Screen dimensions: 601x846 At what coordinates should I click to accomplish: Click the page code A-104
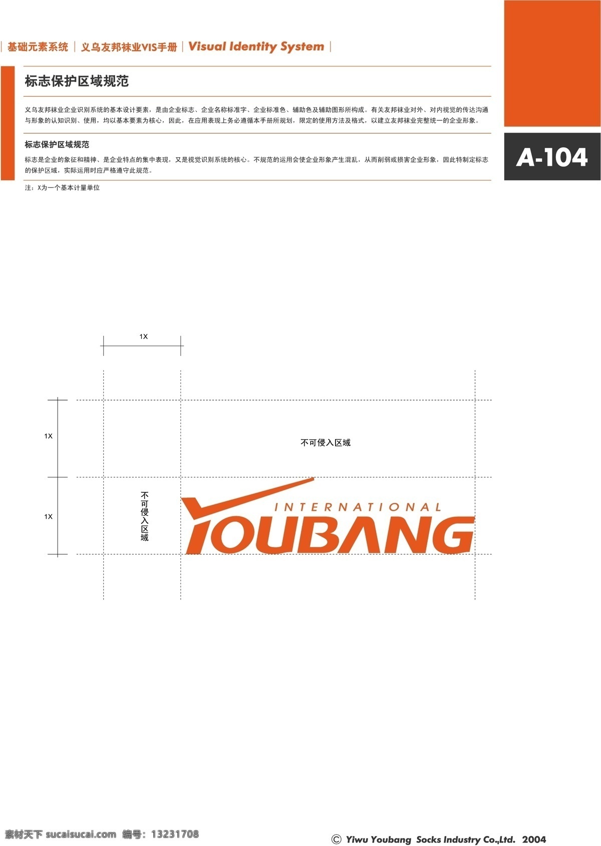click(551, 157)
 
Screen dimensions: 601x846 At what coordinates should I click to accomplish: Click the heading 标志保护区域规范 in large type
click(77, 81)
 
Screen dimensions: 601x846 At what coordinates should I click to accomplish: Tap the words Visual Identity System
click(256, 47)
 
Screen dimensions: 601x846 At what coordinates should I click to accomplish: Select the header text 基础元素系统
click(38, 47)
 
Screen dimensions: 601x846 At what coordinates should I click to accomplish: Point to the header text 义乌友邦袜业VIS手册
click(129, 47)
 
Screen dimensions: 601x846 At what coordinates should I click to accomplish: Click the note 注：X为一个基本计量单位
click(62, 188)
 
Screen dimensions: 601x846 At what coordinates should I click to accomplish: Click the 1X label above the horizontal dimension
click(144, 336)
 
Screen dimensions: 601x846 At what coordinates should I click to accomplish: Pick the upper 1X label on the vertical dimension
click(49, 436)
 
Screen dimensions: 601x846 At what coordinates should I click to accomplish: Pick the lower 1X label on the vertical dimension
click(49, 517)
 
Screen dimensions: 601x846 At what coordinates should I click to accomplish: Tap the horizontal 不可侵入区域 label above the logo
click(325, 443)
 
